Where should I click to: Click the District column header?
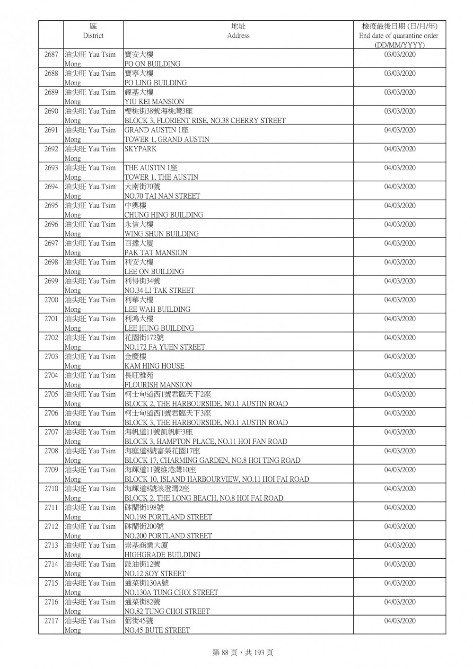[93, 31]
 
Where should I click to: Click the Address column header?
[238, 31]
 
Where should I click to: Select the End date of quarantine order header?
[399, 35]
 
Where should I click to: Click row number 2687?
[51, 55]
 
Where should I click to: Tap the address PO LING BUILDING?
[155, 82]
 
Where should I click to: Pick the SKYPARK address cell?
[140, 149]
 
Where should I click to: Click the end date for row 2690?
[400, 112]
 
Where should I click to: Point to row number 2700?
[51, 300]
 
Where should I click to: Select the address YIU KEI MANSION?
[154, 101]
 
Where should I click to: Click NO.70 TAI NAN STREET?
[162, 196]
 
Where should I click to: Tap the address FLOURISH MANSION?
[158, 385]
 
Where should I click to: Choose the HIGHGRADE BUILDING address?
[162, 555]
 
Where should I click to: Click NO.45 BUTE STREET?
[157, 630]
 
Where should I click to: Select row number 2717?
[51, 621]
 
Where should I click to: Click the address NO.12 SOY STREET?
[155, 573]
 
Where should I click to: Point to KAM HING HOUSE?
[154, 366]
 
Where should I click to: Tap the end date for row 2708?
[400, 451]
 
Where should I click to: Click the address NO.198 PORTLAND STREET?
[168, 517]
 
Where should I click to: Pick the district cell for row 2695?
[90, 210]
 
